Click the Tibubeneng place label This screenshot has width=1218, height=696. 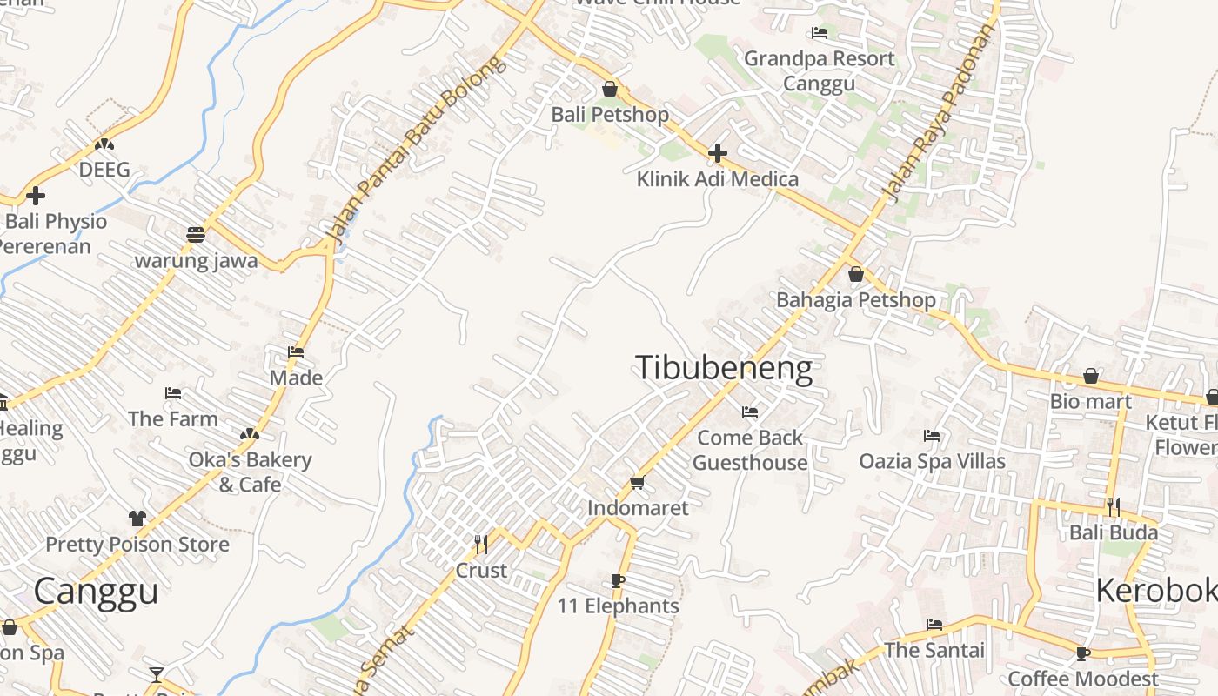tap(724, 368)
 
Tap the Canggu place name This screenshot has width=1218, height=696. tap(96, 592)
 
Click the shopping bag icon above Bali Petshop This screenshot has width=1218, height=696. tap(610, 89)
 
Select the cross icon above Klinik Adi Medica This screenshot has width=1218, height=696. tap(718, 154)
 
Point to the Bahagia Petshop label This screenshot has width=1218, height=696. tap(856, 300)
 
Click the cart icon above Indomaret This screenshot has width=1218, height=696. tap(637, 482)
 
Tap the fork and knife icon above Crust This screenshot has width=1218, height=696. tap(480, 545)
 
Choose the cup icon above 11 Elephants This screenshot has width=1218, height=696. tap(618, 580)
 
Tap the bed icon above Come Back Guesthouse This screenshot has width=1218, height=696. tap(750, 412)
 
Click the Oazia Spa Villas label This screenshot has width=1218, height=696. tap(932, 461)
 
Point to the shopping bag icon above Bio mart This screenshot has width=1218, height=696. tap(1090, 376)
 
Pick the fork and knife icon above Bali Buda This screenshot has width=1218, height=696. tap(1113, 506)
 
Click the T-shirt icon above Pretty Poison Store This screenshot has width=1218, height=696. tap(137, 519)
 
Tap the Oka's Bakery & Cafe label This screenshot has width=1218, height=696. tap(250, 472)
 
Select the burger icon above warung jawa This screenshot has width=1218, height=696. tap(196, 235)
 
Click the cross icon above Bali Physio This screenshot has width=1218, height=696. tap(36, 196)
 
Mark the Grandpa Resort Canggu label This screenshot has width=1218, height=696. tap(819, 70)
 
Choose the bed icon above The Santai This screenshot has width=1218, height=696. tap(934, 624)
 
